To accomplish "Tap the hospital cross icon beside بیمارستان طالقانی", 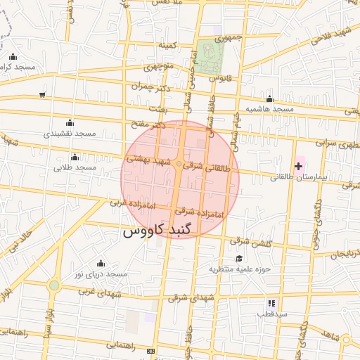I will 299,166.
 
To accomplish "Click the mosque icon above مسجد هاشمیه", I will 269,99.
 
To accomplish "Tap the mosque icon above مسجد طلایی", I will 75,157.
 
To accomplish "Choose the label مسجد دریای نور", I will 101,274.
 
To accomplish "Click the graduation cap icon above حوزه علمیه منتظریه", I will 240,258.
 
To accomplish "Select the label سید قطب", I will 271,314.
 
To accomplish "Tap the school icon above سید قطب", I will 271,303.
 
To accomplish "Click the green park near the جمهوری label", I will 208,56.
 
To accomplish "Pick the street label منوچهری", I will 158,68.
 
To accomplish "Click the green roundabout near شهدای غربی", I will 54,285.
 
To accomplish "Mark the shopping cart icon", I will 42,94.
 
